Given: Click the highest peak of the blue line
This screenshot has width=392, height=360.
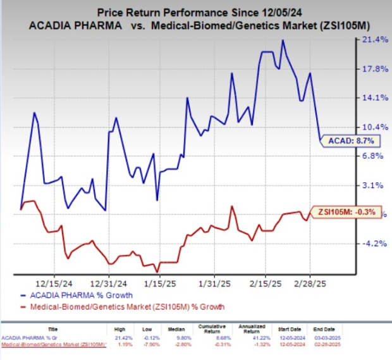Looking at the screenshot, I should (283, 40).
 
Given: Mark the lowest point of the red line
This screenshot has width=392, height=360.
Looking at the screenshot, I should (156, 271).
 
